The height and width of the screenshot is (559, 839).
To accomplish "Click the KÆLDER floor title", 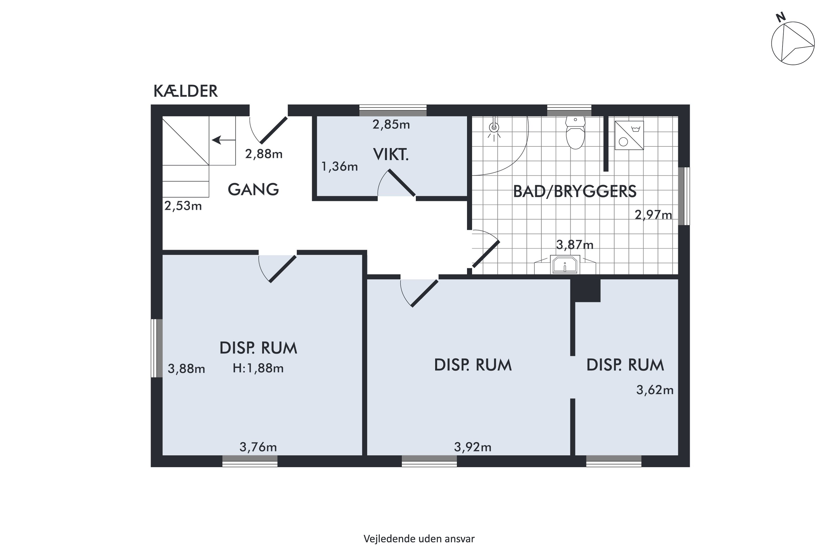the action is pos(185,91).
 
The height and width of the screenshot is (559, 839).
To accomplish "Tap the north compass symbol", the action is pos(793,43).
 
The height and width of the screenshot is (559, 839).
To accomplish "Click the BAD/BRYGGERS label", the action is pos(575,191).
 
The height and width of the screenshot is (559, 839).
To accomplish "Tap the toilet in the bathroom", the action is pos(575,132).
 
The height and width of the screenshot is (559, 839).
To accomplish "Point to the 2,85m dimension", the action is pos(391,124).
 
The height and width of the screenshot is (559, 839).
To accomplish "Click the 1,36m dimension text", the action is pos(339,167).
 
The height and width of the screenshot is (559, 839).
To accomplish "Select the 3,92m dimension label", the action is pos(472,447).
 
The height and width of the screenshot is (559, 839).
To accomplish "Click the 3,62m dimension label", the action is pos(655,390).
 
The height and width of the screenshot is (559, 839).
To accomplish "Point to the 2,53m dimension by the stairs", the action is pos(183,206).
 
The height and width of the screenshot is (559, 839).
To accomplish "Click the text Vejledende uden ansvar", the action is pos(419,539).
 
